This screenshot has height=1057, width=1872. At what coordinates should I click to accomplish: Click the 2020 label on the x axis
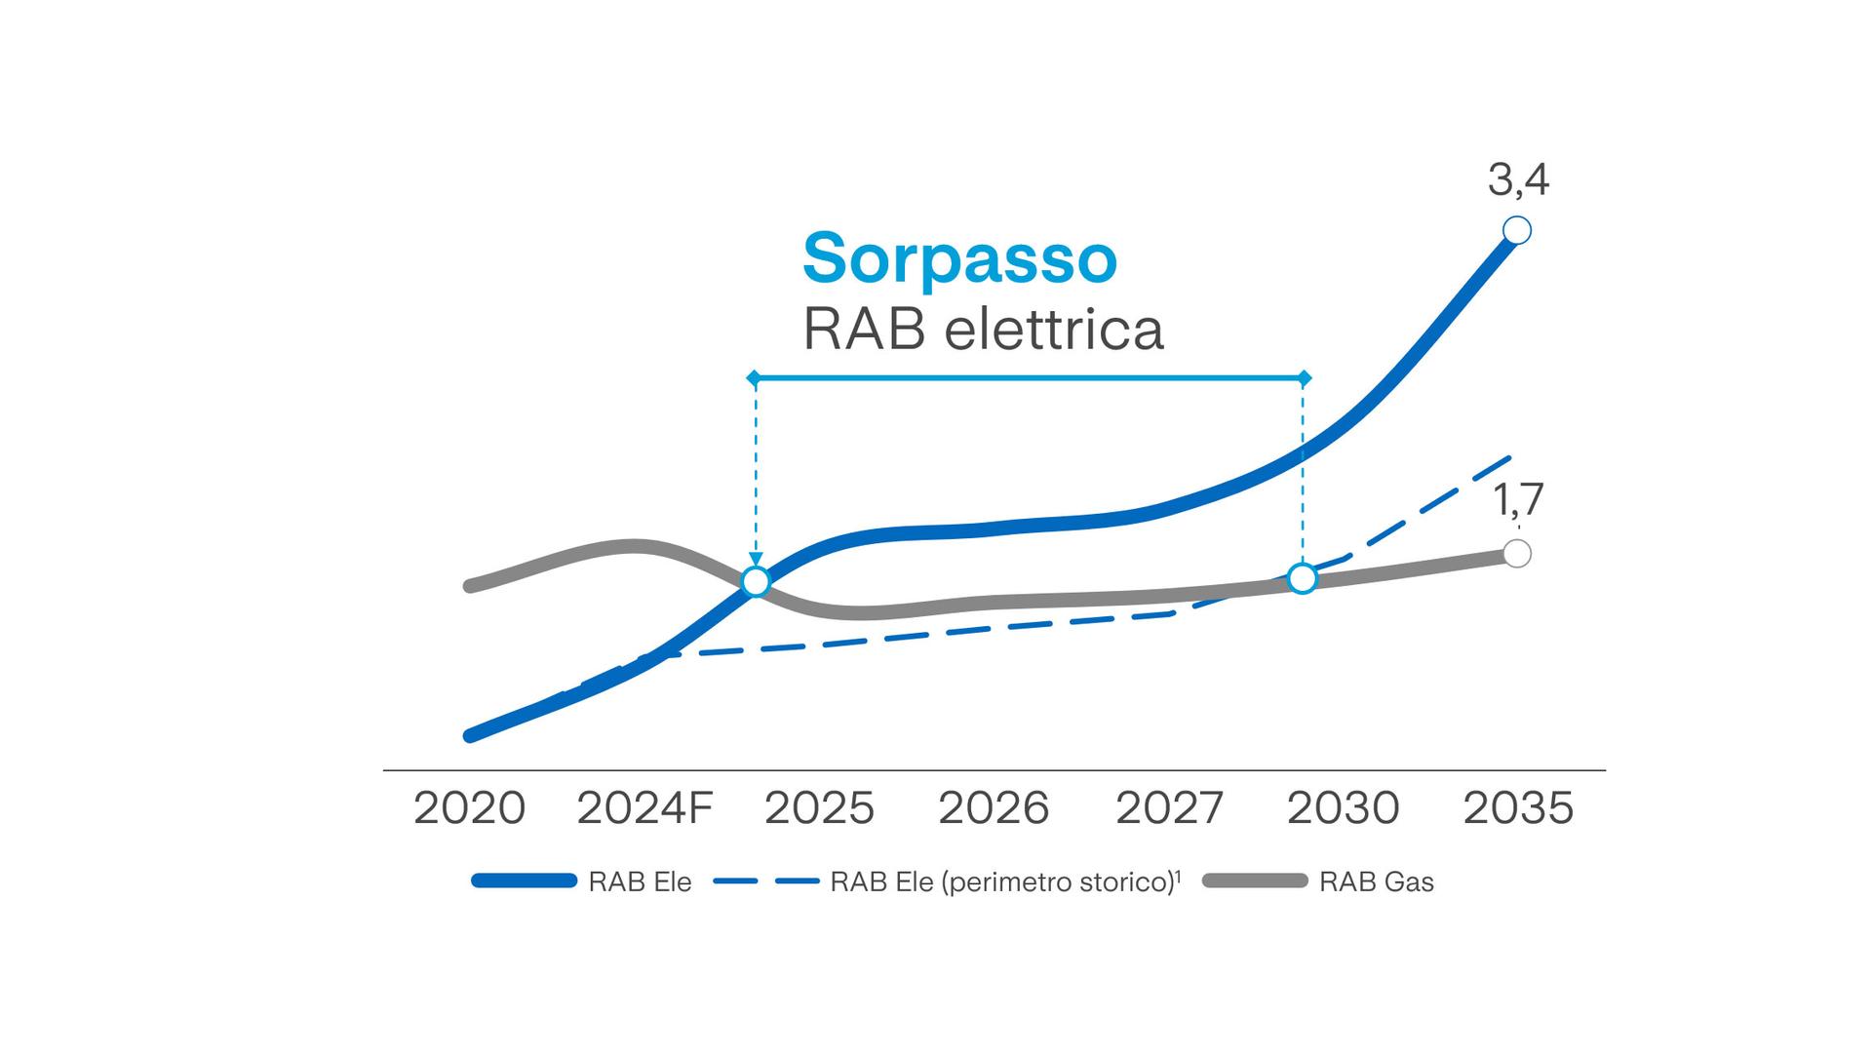469,808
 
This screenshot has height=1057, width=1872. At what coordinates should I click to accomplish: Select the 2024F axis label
644,808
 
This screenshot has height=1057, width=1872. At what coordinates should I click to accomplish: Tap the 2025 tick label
819,808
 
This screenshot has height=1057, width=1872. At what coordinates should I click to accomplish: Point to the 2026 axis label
994,808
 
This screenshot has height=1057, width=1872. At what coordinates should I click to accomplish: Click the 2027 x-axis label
1169,808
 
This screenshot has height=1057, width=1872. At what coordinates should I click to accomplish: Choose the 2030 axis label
1343,808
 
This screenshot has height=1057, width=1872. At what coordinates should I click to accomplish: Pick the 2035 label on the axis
1518,808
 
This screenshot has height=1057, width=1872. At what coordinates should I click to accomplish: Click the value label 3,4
1518,180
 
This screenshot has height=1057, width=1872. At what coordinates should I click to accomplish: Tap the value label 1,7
1518,499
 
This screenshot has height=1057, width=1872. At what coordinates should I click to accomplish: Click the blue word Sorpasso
959,258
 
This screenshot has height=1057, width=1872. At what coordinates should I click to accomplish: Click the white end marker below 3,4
1517,231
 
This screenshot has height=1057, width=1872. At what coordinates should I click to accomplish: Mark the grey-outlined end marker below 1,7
1517,554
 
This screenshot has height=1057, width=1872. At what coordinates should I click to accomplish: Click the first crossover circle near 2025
756,582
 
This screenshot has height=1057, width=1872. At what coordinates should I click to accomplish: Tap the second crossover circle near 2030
1303,578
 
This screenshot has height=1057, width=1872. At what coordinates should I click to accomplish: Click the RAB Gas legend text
1376,882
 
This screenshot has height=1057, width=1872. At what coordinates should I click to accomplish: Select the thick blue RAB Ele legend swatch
524,881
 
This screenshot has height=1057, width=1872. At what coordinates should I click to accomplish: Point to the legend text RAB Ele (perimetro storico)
1002,882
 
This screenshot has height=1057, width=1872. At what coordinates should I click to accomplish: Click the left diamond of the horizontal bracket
753,377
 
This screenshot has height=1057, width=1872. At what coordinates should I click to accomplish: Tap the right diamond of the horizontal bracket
1306,377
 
